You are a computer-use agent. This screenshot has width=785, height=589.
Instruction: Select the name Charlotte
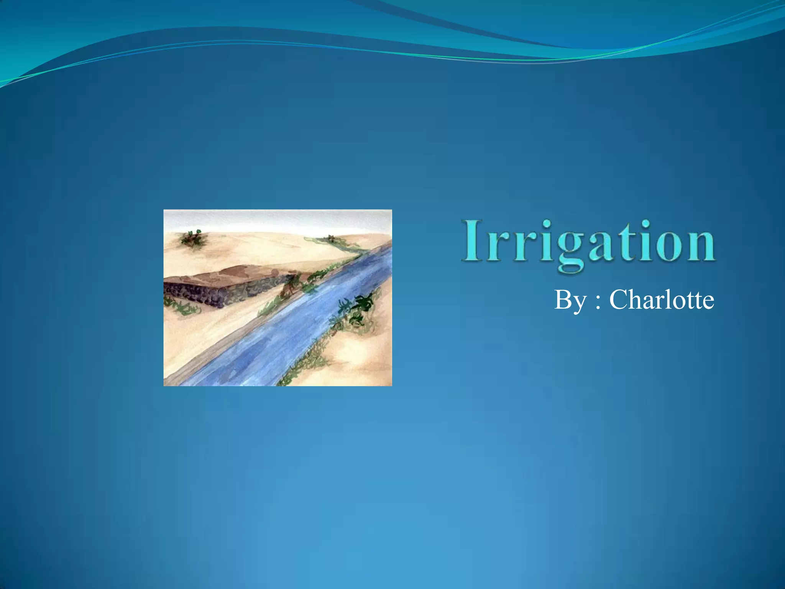[662, 299]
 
